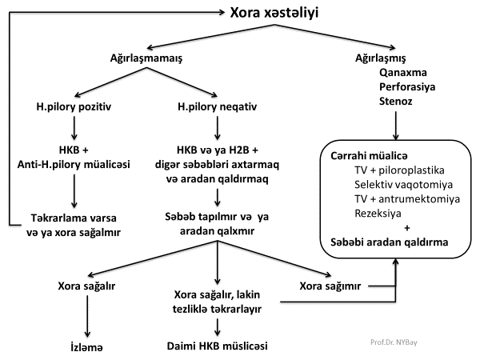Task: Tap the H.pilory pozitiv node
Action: (x=74, y=106)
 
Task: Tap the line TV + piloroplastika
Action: (x=401, y=170)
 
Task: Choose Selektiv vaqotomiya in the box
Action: (x=400, y=185)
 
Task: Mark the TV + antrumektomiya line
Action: (x=406, y=199)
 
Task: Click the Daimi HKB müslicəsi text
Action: (x=218, y=348)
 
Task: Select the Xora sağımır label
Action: (x=330, y=286)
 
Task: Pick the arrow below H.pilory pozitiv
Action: (x=74, y=127)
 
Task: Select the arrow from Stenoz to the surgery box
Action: (x=397, y=126)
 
